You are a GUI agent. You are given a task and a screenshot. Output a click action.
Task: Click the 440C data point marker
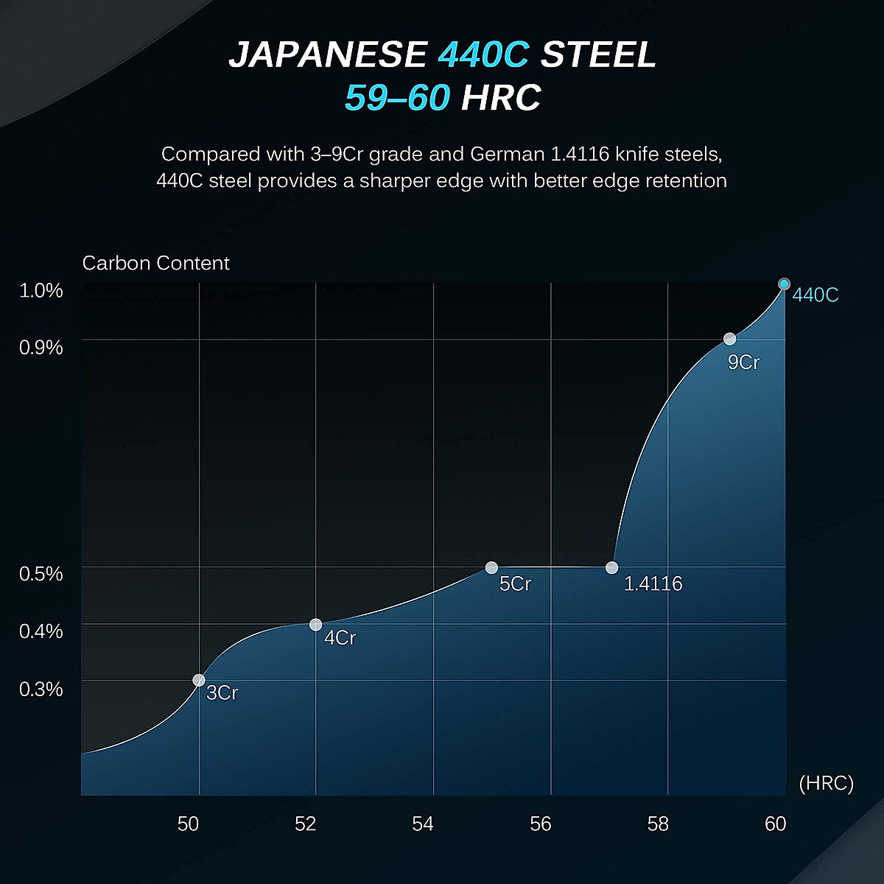(785, 284)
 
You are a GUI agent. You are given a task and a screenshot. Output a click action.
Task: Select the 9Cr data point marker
(729, 339)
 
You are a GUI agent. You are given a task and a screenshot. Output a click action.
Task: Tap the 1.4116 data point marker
(611, 567)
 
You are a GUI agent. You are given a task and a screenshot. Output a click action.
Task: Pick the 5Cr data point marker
(491, 567)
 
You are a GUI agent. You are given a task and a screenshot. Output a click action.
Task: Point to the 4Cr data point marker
(315, 625)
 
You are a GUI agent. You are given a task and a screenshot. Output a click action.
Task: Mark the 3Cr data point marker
(199, 680)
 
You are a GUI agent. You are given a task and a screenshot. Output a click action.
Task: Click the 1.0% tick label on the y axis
(41, 290)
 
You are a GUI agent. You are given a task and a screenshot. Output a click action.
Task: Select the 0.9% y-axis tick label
(41, 347)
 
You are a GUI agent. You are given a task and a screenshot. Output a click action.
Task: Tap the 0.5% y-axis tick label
(41, 574)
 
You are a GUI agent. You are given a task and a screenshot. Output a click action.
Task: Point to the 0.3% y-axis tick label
(41, 690)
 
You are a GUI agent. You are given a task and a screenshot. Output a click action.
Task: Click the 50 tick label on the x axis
(188, 824)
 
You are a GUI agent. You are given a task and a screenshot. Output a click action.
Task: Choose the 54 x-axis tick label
(423, 824)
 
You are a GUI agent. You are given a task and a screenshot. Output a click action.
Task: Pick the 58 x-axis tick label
(658, 824)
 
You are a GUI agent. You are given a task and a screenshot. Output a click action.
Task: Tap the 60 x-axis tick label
(775, 824)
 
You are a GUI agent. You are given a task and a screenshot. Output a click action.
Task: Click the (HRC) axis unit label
(826, 783)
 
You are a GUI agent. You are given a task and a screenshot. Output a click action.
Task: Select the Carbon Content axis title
(156, 263)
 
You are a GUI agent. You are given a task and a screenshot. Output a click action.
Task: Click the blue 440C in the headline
(483, 55)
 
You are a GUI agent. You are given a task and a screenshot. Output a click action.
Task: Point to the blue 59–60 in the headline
(397, 98)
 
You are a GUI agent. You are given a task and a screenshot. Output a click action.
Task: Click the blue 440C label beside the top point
(815, 295)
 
